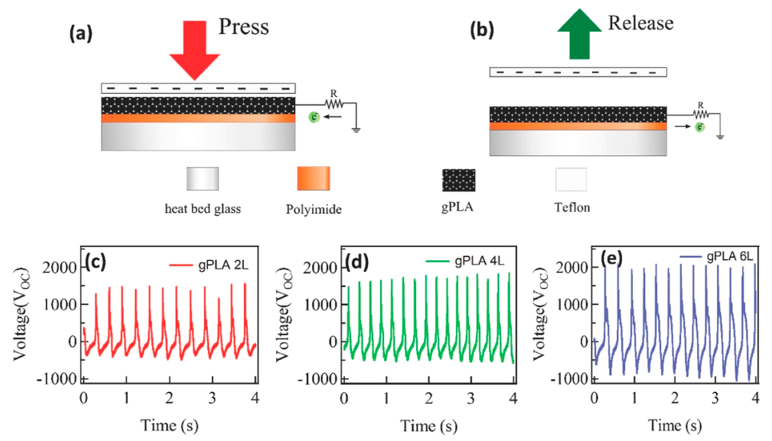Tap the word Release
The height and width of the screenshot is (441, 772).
(641, 23)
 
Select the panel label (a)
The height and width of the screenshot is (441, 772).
(81, 34)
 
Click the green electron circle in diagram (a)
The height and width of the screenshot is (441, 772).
(314, 117)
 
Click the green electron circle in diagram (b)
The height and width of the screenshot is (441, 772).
(700, 127)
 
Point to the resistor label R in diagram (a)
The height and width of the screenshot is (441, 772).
(334, 94)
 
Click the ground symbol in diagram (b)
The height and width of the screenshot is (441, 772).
(720, 137)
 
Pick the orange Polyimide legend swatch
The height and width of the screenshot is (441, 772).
(313, 178)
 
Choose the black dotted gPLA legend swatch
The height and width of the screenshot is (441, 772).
(459, 180)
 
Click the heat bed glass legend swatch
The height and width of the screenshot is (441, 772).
(202, 179)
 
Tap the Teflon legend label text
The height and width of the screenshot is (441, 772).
(572, 207)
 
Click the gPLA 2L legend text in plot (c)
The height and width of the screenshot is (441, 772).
(223, 265)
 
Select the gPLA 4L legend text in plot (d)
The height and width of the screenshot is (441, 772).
(479, 261)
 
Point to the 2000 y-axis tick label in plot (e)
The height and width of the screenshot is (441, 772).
(572, 268)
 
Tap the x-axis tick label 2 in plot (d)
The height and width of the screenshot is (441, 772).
(428, 399)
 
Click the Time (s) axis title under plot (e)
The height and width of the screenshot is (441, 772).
(675, 426)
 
